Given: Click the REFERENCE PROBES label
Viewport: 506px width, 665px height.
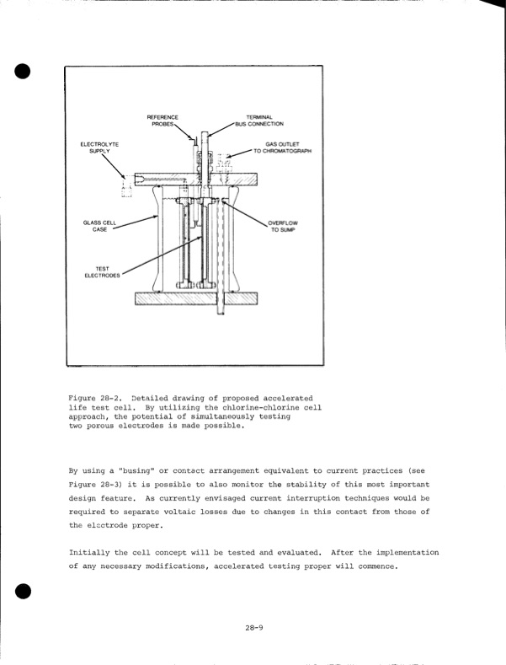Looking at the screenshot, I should [162, 120].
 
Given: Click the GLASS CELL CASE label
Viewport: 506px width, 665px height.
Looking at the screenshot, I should [99, 225].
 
